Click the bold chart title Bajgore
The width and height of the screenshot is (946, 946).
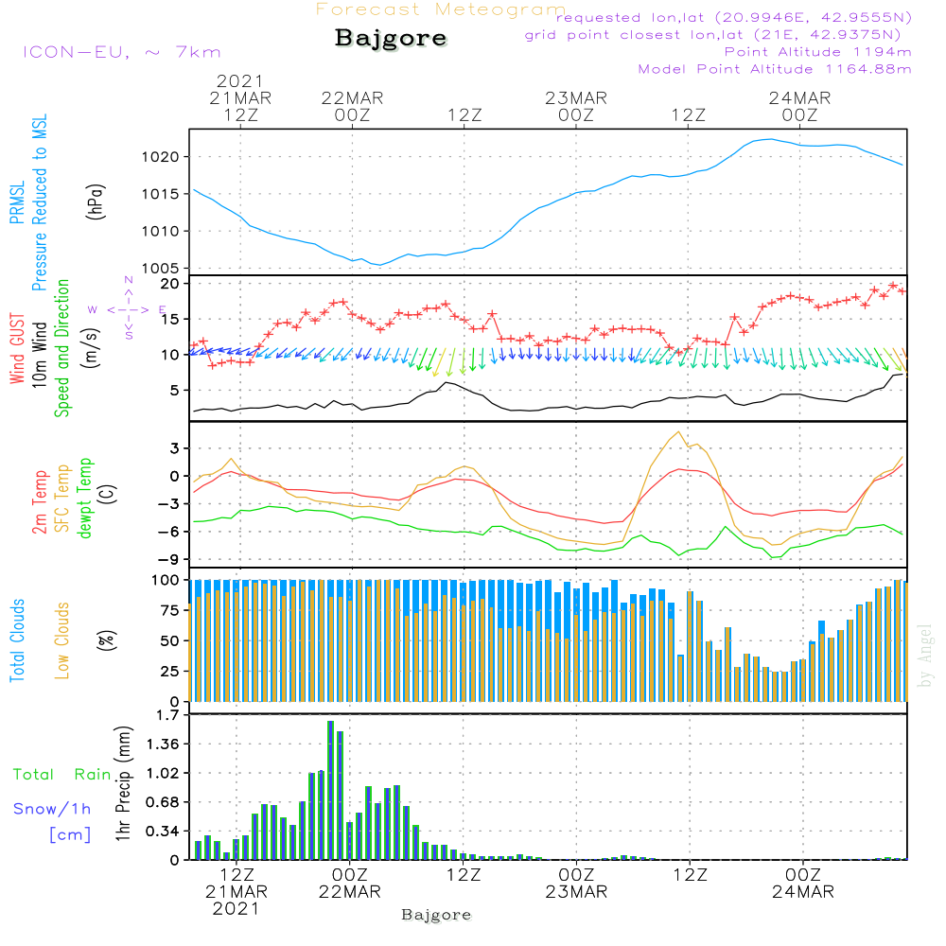[x=391, y=40]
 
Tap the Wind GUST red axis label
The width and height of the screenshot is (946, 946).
[x=17, y=350]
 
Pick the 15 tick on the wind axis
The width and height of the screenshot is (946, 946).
[x=171, y=320]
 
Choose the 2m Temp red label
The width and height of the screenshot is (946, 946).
[x=41, y=500]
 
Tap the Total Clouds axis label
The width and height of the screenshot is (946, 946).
[x=17, y=640]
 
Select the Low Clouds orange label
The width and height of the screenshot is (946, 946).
[x=62, y=640]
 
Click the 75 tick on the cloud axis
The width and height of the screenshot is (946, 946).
[x=168, y=610]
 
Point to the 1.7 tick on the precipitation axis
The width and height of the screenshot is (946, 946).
[x=169, y=715]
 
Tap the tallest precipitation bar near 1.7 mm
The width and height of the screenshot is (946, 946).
[x=331, y=790]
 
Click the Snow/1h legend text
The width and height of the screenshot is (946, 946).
[x=53, y=809]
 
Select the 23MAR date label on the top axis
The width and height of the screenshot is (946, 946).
[x=576, y=98]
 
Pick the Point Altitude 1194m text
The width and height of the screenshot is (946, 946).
[x=817, y=51]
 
